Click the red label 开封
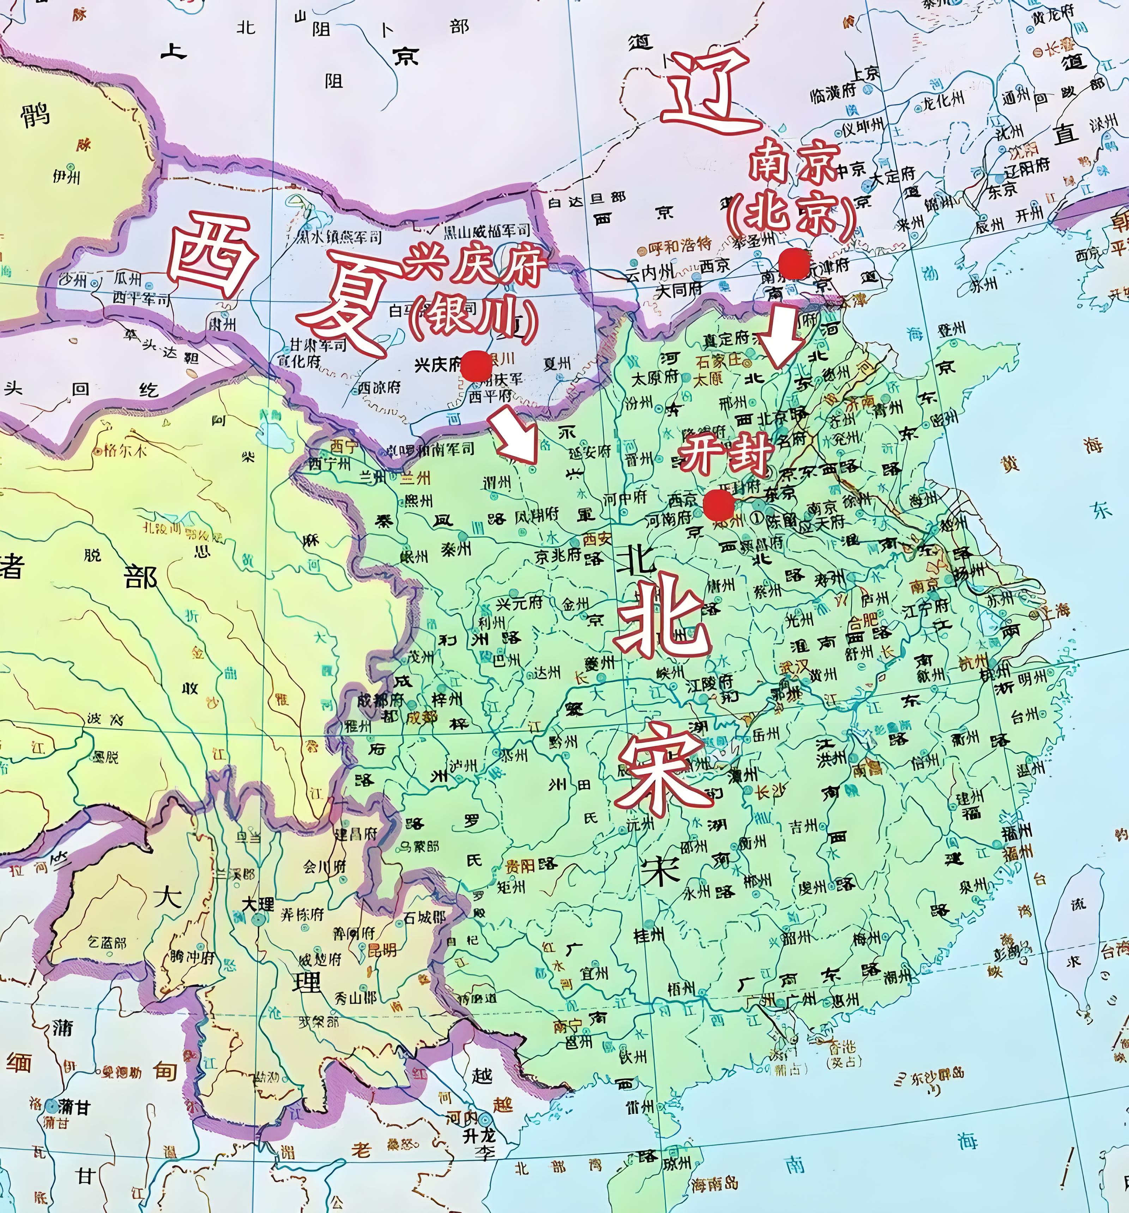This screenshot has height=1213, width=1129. click(x=726, y=455)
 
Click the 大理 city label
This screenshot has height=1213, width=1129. click(x=258, y=904)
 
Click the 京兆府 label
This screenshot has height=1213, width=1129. click(x=558, y=555)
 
